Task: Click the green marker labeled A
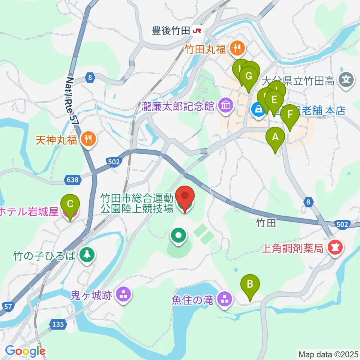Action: pyautogui.click(x=275, y=137)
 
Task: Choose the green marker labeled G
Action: pyautogui.click(x=249, y=76)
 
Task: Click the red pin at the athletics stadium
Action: pyautogui.click(x=185, y=196)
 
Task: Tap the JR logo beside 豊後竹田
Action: pyautogui.click(x=196, y=31)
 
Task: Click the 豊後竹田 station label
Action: pyautogui.click(x=171, y=31)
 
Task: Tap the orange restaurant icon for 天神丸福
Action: pyautogui.click(x=89, y=140)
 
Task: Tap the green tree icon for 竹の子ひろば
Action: pyautogui.click(x=87, y=256)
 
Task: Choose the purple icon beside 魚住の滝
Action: pyautogui.click(x=225, y=300)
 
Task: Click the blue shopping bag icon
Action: pyautogui.click(x=258, y=110)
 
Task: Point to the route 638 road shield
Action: pyautogui.click(x=73, y=180)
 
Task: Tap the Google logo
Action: pyautogui.click(x=25, y=351)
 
